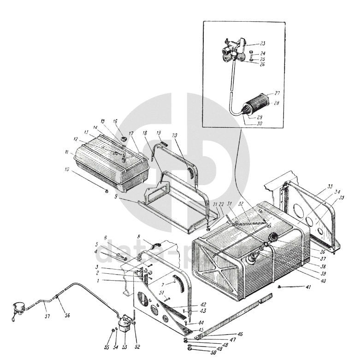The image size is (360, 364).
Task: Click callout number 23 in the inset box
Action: [262, 44]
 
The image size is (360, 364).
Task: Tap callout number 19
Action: [159, 133]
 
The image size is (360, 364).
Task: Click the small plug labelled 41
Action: [280, 287]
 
